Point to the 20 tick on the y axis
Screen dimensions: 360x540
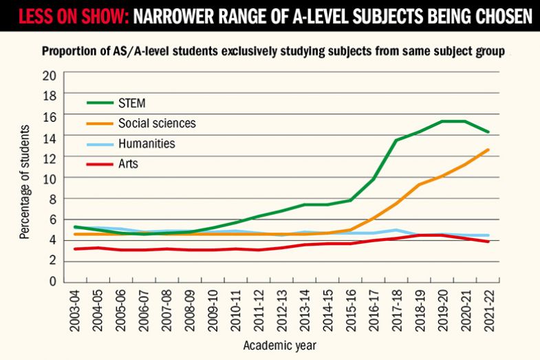50,75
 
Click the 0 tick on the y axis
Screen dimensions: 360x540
52,282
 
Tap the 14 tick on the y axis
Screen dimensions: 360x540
50,137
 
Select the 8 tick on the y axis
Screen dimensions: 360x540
52,199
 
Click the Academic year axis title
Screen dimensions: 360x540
284,344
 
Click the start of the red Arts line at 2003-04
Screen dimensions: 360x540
74,248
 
